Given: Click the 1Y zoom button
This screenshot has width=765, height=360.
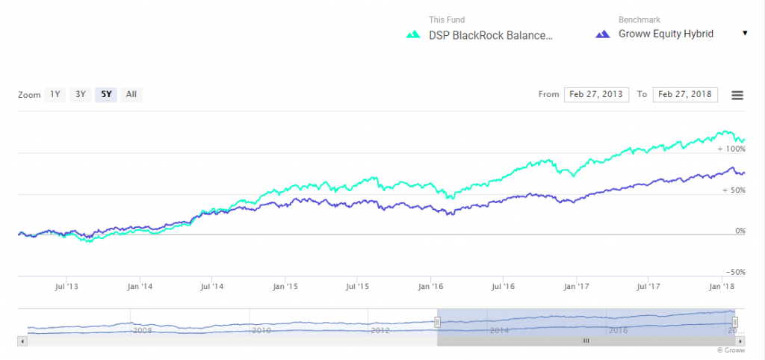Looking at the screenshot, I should (x=55, y=95).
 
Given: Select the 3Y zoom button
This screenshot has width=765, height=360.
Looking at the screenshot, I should (x=80, y=95).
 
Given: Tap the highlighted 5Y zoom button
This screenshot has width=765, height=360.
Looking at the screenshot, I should (x=105, y=95).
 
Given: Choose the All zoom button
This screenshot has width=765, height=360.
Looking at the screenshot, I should (x=131, y=95).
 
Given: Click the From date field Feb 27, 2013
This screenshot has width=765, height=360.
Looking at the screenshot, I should (x=596, y=95).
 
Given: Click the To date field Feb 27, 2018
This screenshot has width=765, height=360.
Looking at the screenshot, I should (x=685, y=95).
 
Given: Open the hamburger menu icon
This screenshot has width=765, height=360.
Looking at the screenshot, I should (x=737, y=95).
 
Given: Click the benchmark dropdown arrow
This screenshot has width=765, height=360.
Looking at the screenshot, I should (x=745, y=34).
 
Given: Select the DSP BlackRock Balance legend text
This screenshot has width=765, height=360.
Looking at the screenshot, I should (x=491, y=34).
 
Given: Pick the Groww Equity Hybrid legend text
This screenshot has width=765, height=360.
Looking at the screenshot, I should (x=666, y=34).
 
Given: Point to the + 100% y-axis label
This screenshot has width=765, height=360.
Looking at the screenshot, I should (x=731, y=149).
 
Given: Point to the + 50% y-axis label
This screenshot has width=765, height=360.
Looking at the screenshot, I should (x=734, y=190).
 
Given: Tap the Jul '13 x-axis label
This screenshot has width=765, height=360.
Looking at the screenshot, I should (x=68, y=286).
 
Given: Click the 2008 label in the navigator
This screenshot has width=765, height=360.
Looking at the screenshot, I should (x=143, y=329).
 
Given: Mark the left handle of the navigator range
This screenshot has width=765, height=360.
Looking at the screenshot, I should (x=438, y=322).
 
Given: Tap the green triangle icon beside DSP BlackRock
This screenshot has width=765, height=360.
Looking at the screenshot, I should (x=412, y=34).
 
